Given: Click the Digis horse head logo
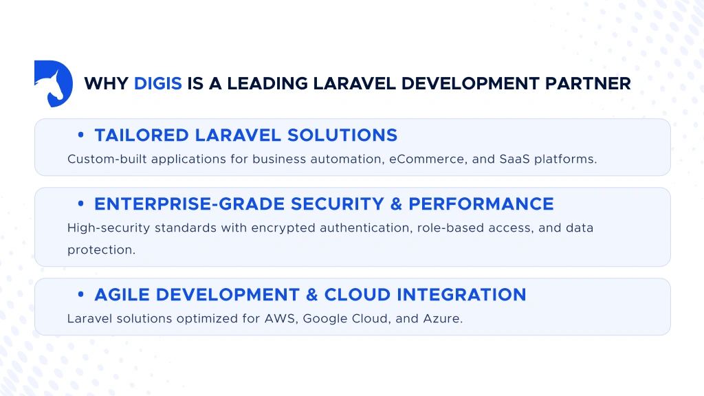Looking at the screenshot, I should pos(53,83).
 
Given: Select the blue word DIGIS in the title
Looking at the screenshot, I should pos(158,84).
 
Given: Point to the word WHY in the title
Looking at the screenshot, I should pos(106,84).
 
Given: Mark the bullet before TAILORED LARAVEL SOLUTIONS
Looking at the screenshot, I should pos(81,135).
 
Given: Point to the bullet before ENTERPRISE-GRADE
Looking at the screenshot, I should pos(81,204).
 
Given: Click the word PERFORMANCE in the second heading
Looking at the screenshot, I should pos(481,204).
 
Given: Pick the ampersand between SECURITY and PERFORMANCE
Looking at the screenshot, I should pos(395,204).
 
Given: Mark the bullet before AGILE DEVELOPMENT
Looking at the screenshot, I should pos(81,295).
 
